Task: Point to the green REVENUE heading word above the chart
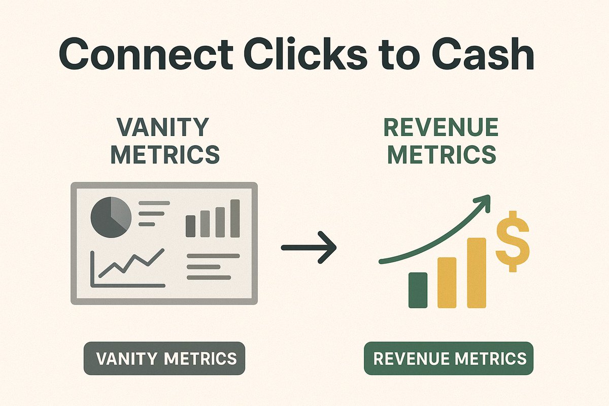point(441,127)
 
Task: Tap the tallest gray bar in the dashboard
point(235,218)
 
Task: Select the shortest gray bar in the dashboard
point(190,226)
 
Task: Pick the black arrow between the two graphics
point(309,247)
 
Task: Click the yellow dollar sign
point(513,241)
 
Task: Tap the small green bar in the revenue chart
point(418,290)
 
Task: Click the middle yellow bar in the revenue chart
point(447,283)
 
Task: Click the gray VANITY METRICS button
point(164,359)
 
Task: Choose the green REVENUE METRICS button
point(449,359)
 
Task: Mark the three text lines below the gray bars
point(213,266)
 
